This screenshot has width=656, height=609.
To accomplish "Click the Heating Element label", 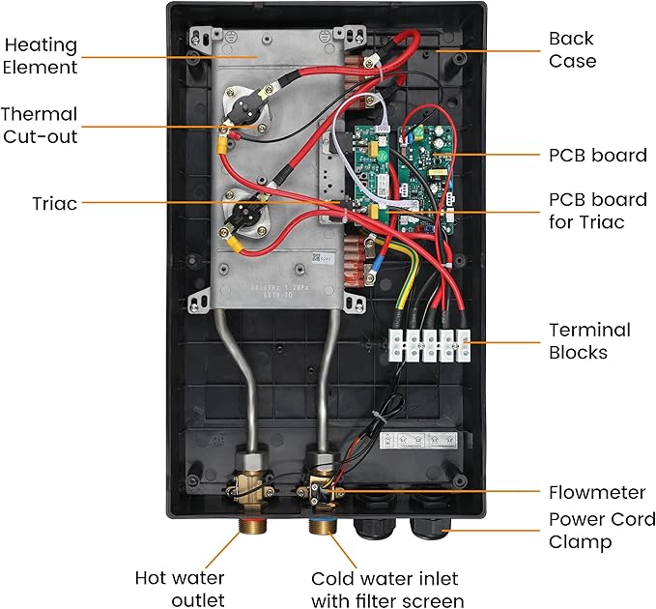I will tap(40, 56).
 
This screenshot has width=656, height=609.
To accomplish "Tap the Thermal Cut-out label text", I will tap(39, 126).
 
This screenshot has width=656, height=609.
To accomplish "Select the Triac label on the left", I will tap(53, 204).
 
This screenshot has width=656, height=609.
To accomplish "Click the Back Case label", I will tap(572, 49).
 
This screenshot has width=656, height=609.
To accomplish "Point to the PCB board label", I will tap(597, 155).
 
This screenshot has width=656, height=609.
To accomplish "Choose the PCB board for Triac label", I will tap(597, 212).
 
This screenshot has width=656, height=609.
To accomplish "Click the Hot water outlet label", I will tap(180, 589).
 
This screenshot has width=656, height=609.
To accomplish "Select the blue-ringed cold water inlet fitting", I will tap(323, 529).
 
